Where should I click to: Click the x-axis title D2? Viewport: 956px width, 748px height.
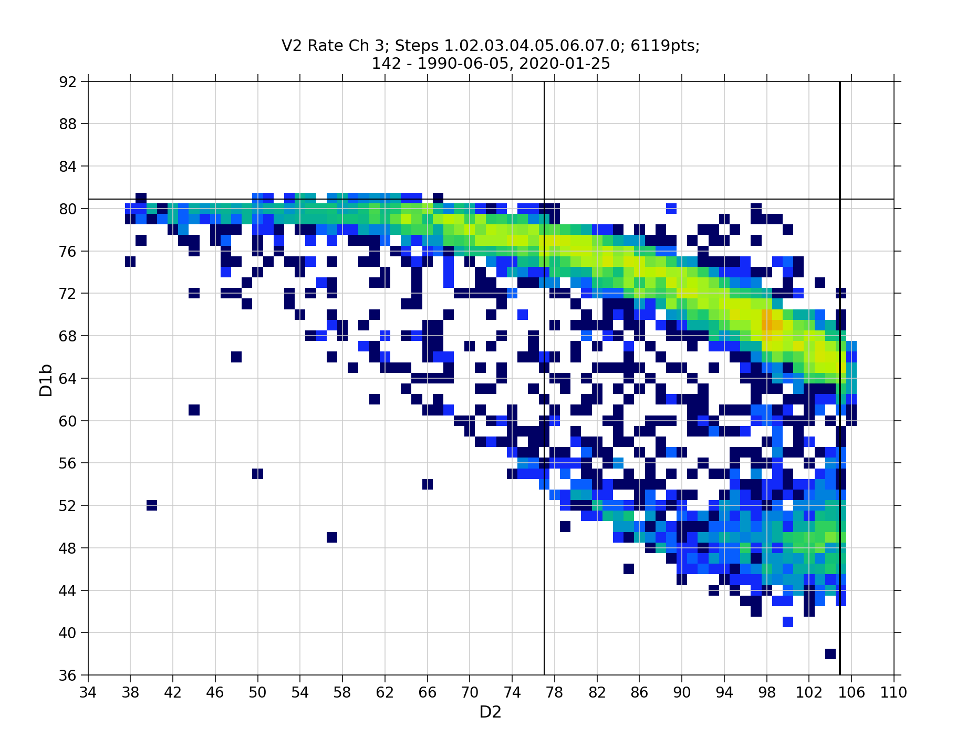[x=490, y=712]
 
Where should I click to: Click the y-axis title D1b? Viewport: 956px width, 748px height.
[x=46, y=379]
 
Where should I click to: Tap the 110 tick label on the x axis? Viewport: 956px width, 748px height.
[x=893, y=693]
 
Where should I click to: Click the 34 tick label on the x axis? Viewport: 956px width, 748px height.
[x=88, y=693]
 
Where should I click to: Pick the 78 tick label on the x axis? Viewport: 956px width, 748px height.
[x=554, y=693]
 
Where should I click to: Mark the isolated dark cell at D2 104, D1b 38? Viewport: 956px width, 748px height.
[x=830, y=654]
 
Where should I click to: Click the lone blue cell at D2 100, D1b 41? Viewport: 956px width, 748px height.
[x=787, y=622]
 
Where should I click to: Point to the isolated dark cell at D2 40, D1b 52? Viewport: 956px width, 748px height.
[x=152, y=505]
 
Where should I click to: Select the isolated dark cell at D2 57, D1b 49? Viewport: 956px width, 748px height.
[x=332, y=537]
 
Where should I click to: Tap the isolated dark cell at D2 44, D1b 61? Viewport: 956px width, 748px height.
[x=194, y=410]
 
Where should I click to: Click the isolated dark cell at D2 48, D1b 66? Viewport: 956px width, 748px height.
[x=236, y=357]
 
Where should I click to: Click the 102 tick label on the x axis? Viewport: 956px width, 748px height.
[x=808, y=693]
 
